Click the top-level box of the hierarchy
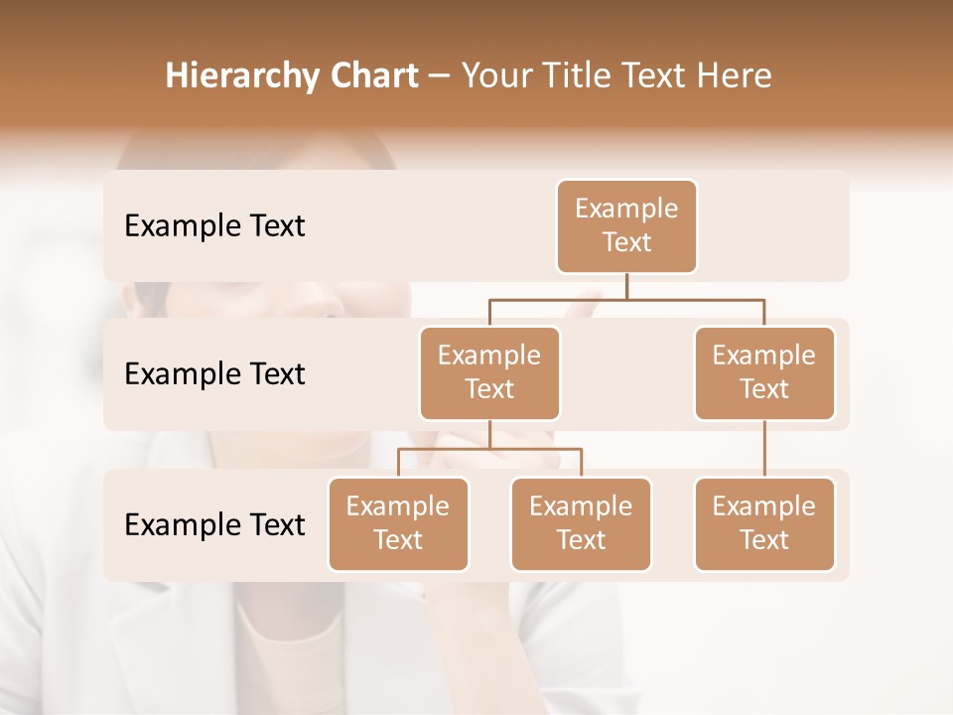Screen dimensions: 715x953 point(626,226)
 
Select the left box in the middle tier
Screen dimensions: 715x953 point(489,373)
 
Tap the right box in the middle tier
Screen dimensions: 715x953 point(764,373)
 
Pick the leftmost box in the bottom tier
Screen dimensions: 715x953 point(398,524)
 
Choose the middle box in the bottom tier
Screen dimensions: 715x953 point(581,524)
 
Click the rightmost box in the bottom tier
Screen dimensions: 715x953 point(764,524)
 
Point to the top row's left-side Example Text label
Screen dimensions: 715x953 point(214,226)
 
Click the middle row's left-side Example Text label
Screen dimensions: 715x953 point(214,374)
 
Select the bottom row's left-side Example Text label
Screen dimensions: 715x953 point(214,525)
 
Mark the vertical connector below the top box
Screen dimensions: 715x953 point(626,286)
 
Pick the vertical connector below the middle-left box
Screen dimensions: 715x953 point(489,435)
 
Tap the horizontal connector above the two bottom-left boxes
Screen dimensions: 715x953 point(489,449)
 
